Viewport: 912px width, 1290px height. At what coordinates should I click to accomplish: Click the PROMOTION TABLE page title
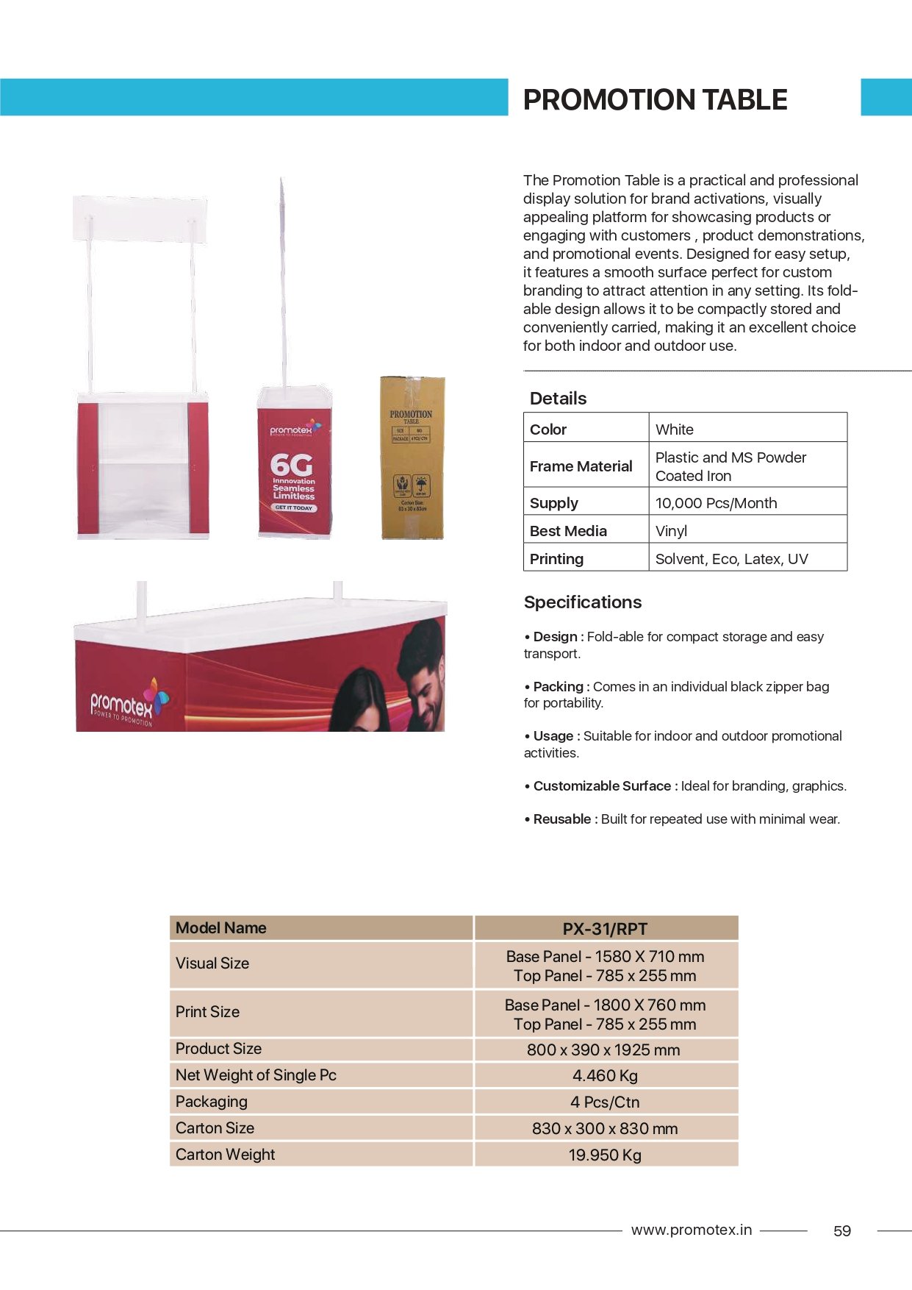point(655,99)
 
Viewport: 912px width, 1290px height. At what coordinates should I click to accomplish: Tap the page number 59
point(842,1231)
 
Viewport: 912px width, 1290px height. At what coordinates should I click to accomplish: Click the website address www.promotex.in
point(691,1230)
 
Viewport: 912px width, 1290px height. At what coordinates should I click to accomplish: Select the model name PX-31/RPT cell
point(605,929)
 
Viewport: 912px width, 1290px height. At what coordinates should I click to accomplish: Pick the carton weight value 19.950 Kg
point(605,1155)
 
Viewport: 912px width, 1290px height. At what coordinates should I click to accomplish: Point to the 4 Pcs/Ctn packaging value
point(605,1102)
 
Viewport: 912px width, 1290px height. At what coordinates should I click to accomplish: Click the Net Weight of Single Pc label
point(256,1075)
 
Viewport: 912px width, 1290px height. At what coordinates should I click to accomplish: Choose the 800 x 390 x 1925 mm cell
point(603,1050)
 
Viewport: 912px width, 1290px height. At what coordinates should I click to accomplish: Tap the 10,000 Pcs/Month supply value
point(716,503)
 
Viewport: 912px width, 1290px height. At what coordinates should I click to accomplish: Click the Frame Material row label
point(581,466)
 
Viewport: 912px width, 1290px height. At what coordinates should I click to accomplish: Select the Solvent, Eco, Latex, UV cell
point(731,559)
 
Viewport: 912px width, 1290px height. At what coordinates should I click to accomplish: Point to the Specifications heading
point(583,602)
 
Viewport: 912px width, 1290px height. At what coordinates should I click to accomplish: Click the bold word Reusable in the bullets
point(562,819)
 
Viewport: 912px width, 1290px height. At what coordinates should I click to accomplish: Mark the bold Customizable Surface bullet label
point(602,786)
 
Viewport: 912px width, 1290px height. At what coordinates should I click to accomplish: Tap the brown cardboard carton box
point(412,457)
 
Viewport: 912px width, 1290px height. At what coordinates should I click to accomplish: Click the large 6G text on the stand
point(291,465)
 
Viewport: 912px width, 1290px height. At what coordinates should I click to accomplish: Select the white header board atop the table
point(140,218)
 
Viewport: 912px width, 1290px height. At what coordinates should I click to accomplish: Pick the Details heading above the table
point(558,399)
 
